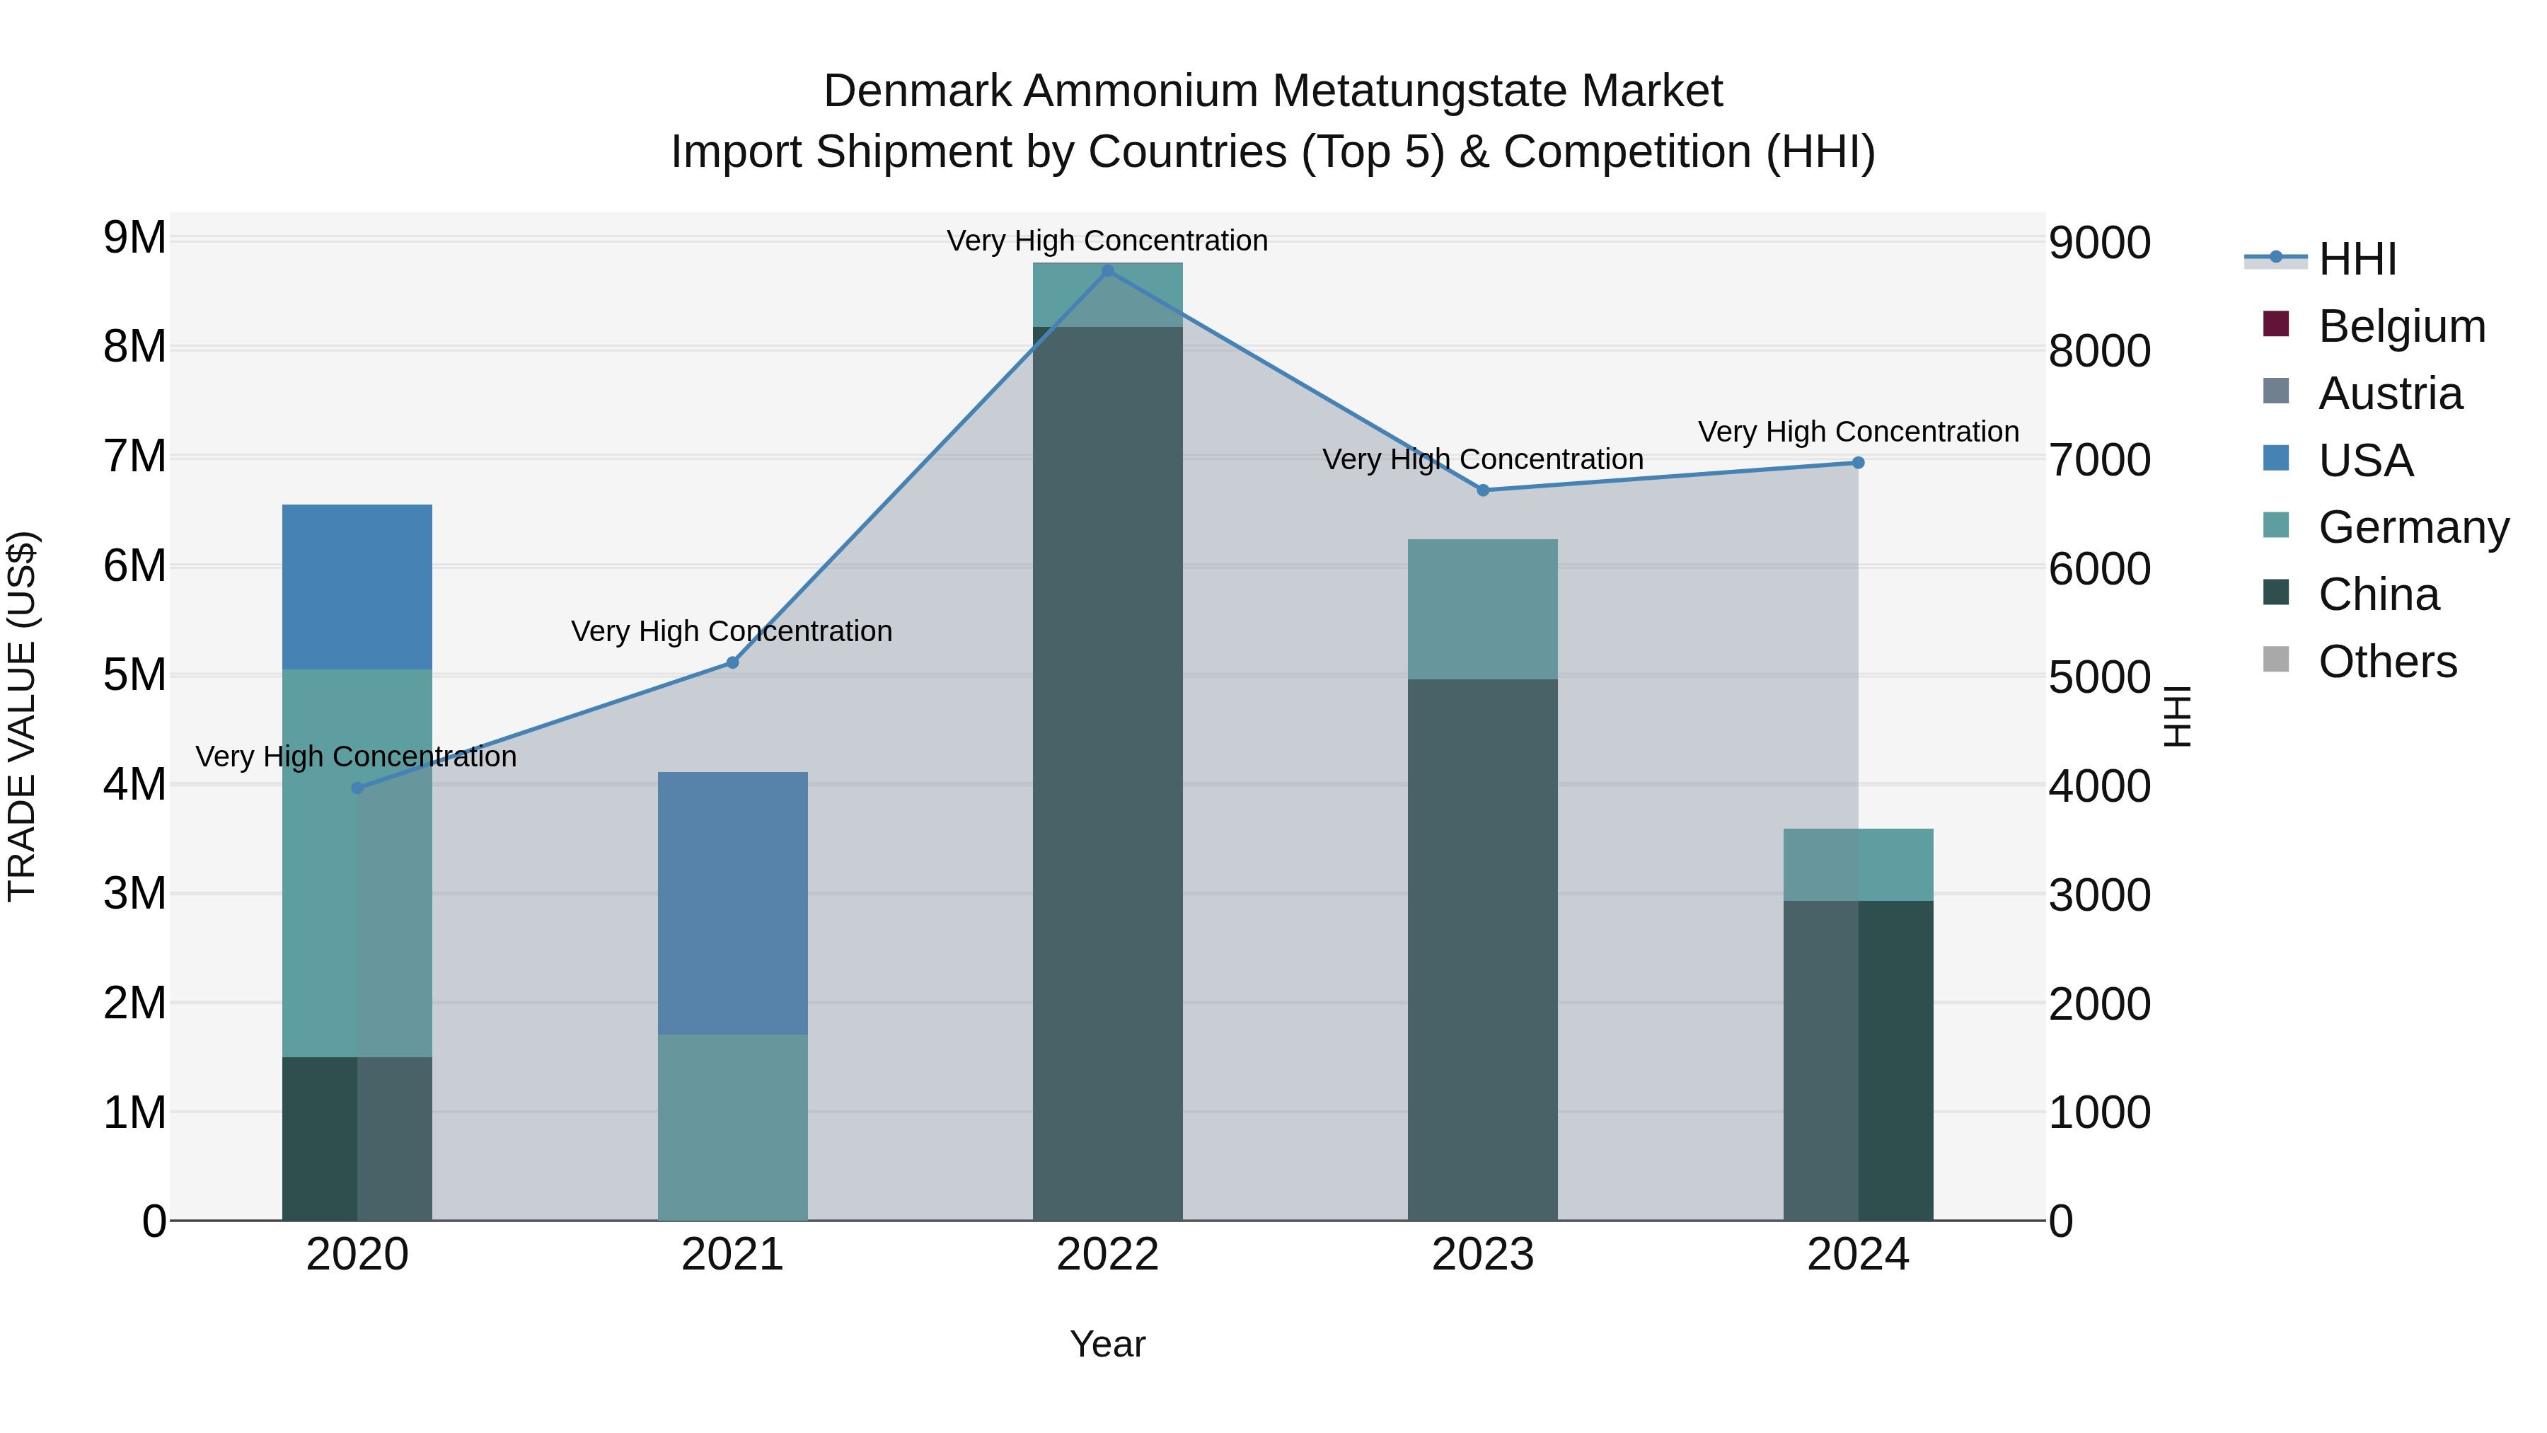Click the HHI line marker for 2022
coord(1107,271)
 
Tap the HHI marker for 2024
coord(1858,463)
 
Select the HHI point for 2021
coord(733,662)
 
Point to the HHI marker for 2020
coord(358,788)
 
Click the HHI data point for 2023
coord(1483,490)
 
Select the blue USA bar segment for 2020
coord(357,587)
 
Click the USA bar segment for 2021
coord(733,903)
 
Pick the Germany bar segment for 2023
coord(1482,609)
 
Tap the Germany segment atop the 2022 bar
coord(1107,294)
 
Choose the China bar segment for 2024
coord(1858,1060)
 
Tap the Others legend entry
coord(2387,662)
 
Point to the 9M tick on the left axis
coord(134,238)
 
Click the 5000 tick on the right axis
coord(2099,679)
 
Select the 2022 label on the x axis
coord(1107,1255)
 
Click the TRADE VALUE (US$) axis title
coord(22,716)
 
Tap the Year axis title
coord(1107,1344)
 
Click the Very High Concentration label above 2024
coord(1858,432)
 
